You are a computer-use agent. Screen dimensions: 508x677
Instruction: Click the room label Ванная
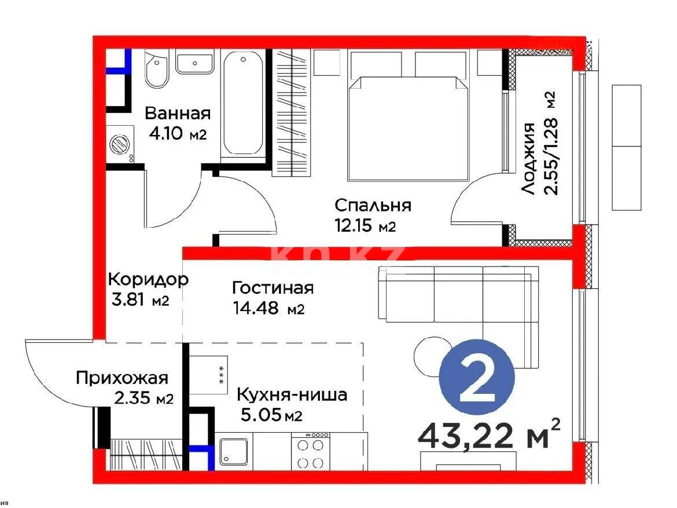pos(177,112)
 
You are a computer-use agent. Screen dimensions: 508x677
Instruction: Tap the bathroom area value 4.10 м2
pos(177,134)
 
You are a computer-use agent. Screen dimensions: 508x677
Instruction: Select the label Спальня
pos(373,206)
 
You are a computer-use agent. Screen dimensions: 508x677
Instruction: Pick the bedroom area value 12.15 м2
pos(365,226)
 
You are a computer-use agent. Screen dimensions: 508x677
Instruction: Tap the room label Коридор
pos(148,279)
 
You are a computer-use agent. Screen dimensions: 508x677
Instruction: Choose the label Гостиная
pos(273,288)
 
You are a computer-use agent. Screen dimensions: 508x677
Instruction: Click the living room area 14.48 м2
pos(268,309)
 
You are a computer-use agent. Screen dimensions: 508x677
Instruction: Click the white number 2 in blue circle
pos(477,381)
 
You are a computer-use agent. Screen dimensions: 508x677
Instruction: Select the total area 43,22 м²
pos(489,436)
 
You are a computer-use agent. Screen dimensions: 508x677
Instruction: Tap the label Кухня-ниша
pos(292,395)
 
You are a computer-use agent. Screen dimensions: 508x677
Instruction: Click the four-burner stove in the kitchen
pos(310,452)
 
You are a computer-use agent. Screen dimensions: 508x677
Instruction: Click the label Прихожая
pos(122,379)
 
